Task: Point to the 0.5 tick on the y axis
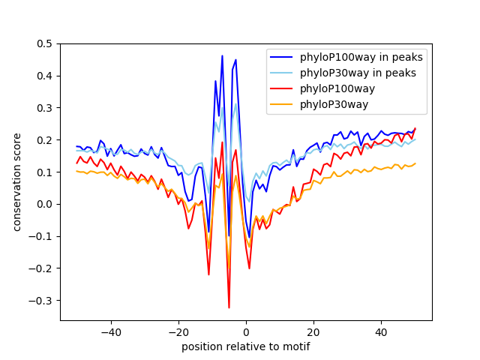[x=45, y=43]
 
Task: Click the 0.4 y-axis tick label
[x=45, y=76]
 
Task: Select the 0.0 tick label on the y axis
[x=45, y=204]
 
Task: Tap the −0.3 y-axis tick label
[x=42, y=300]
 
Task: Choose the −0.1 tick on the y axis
[x=42, y=236]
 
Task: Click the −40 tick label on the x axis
[x=111, y=332]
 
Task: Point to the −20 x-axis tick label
[x=178, y=332]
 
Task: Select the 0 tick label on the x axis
[x=246, y=332]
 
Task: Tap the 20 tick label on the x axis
[x=313, y=332]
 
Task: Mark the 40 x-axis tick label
[x=381, y=332]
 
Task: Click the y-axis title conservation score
[x=16, y=182]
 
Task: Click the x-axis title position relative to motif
[x=245, y=347]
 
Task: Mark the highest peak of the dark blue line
[x=222, y=55]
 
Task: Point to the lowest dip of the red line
[x=229, y=307]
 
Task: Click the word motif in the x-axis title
[x=295, y=347]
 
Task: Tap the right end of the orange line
[x=415, y=163]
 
